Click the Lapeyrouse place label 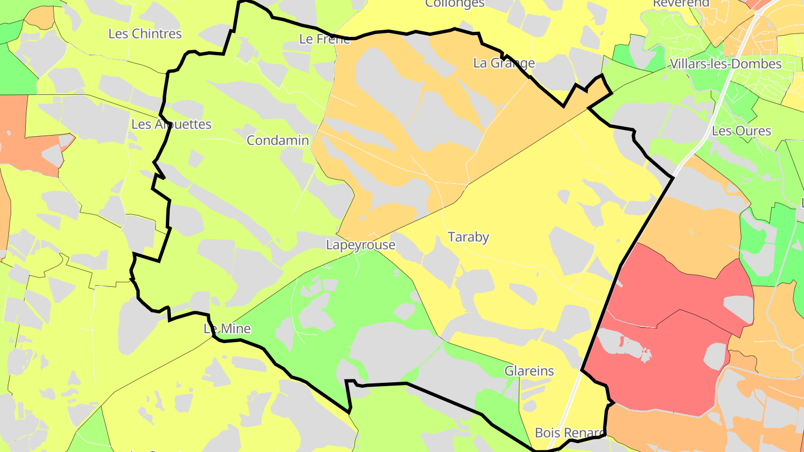[361, 244]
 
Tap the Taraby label [468, 237]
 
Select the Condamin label [277, 140]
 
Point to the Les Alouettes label [171, 124]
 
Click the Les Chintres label [145, 33]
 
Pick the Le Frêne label [324, 39]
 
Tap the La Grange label [504, 63]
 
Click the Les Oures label [741, 131]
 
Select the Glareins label [529, 371]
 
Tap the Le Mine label [227, 329]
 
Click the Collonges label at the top [454, 3]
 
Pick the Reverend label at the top [681, 3]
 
